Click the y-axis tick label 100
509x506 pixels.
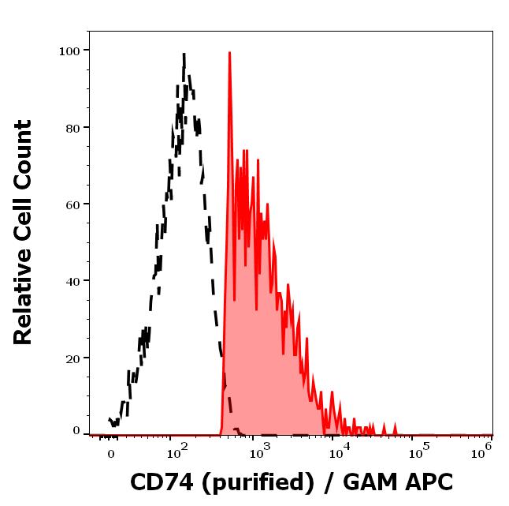[x=70, y=51]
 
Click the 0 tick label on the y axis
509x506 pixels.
[x=76, y=431]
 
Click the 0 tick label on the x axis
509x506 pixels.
[x=110, y=455]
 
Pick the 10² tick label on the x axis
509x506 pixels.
[x=176, y=452]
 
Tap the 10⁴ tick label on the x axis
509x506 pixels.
[x=339, y=452]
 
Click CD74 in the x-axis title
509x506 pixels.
[x=158, y=482]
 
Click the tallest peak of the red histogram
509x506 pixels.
[x=229, y=54]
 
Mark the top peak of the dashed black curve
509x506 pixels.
[x=184, y=55]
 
